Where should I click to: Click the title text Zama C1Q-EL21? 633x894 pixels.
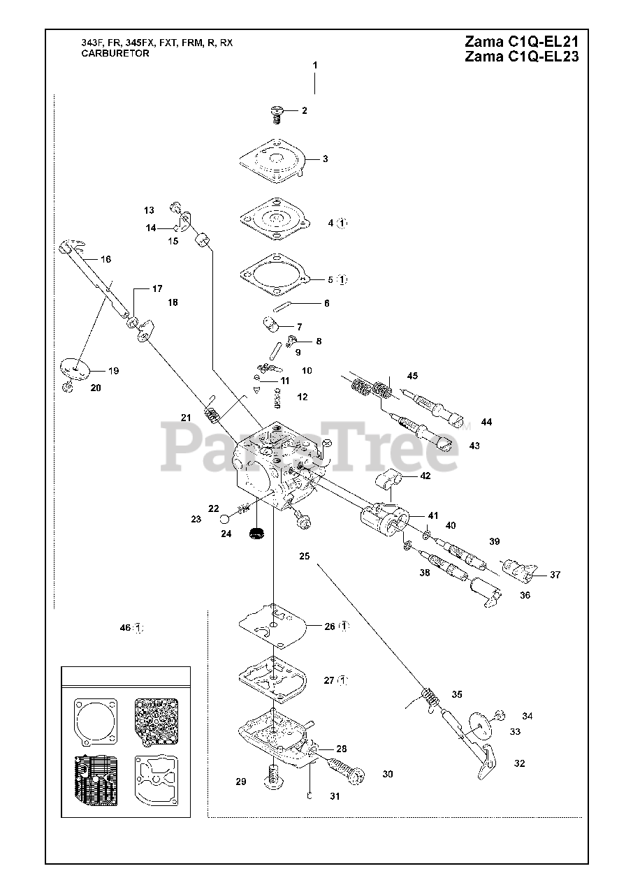521,41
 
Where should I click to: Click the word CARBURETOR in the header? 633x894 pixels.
115,54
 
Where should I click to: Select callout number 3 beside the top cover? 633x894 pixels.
325,159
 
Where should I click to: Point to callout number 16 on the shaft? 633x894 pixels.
105,259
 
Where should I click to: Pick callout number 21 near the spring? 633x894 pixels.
186,418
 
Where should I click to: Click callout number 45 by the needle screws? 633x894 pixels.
412,376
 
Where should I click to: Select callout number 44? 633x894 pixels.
486,422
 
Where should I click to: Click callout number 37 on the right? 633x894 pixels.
555,575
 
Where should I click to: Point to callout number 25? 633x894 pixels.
304,557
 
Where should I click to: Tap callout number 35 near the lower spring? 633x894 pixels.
457,694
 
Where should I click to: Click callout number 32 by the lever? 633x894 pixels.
519,763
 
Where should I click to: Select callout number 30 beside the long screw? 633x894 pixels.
388,774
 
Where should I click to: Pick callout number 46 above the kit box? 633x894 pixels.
125,628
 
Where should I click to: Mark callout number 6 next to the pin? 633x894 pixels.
326,303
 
